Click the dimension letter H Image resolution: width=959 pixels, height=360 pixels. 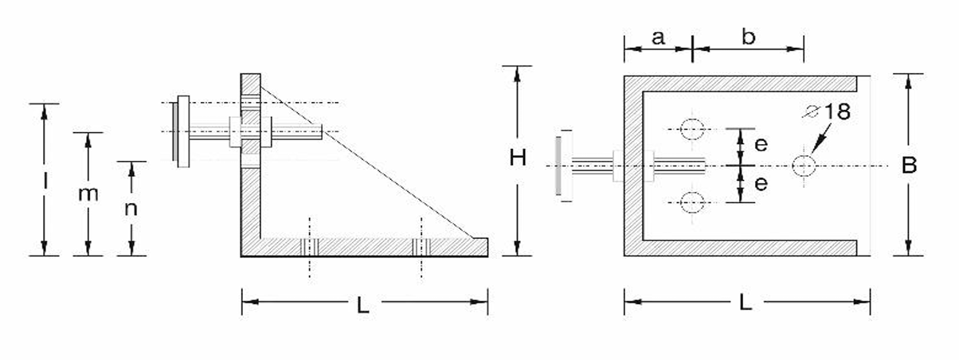tap(519, 158)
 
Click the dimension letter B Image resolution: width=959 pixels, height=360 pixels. tap(909, 166)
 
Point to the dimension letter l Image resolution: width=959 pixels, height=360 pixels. tap(45, 182)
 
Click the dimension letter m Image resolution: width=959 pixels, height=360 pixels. tap(88, 194)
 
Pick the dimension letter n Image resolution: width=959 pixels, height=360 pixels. tap(132, 209)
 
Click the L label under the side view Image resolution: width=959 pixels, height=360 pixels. tap(363, 305)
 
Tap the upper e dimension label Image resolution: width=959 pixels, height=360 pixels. tap(761, 144)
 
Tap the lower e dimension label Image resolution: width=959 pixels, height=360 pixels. tap(761, 184)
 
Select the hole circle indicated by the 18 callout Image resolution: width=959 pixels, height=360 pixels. tap(804, 166)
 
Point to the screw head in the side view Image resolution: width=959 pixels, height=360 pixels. tap(182, 131)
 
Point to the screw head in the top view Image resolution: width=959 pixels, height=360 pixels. tap(560, 166)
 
